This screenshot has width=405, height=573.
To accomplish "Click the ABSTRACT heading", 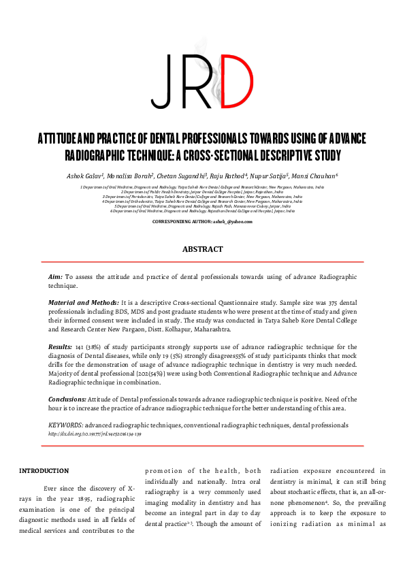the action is point(202,250).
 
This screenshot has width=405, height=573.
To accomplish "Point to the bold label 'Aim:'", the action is point(56,278).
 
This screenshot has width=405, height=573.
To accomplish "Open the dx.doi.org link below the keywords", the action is point(95,433).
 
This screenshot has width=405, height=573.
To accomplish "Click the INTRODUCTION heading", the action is point(44,471).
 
